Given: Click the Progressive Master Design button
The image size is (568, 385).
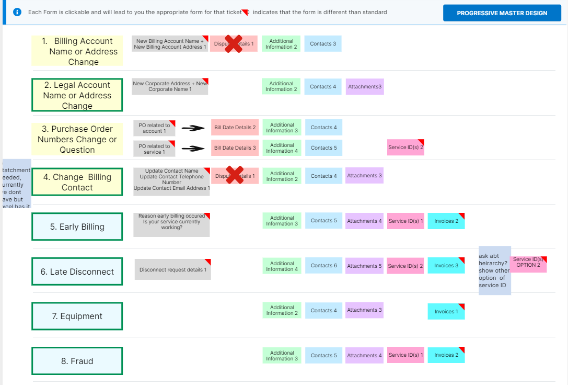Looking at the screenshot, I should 502,13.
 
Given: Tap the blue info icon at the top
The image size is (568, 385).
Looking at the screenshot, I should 17,12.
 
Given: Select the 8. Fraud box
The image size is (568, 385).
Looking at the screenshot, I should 77,361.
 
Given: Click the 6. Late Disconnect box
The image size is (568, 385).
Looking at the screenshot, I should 77,271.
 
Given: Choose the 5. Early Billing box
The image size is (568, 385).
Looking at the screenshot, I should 77,227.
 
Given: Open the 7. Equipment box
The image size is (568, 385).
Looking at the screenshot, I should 77,316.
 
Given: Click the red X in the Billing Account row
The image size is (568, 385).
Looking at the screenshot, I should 234,44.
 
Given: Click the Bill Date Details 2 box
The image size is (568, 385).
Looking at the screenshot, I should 235,128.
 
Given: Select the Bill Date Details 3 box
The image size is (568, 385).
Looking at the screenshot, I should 235,148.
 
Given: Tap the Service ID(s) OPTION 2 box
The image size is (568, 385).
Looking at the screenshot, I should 528,264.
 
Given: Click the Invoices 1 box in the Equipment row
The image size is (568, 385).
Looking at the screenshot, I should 446,311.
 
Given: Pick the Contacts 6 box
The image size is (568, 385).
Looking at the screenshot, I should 323,266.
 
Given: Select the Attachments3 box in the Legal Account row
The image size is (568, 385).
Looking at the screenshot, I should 365,87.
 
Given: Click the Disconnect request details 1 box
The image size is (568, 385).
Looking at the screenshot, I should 172,269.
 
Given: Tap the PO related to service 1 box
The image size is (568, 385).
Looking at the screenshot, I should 154,149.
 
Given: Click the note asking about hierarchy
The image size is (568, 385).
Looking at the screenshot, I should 494,270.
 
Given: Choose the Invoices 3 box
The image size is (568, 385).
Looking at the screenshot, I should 446,266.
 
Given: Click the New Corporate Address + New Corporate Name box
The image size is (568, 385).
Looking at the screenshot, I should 170,86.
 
